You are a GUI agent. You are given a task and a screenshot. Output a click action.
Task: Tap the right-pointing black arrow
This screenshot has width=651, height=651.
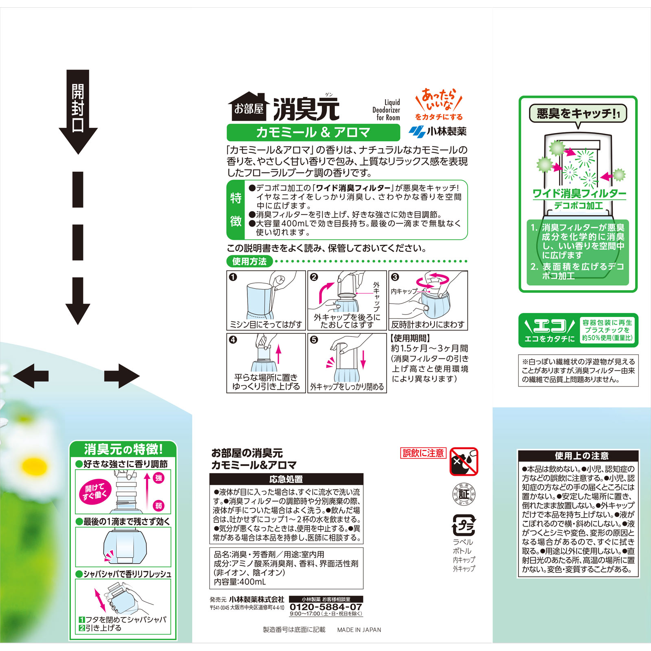(x=122, y=376)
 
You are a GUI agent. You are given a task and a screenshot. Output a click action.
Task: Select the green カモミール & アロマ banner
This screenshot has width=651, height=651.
(x=313, y=132)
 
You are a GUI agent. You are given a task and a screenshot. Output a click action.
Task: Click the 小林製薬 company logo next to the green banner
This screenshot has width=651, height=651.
(x=438, y=131)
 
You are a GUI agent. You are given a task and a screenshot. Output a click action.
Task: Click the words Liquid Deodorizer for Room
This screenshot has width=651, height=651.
(x=387, y=110)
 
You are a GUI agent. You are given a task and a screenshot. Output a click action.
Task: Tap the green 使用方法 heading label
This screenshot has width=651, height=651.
(x=249, y=261)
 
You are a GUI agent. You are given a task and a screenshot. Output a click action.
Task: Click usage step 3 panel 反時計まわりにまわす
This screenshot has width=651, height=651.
(x=428, y=300)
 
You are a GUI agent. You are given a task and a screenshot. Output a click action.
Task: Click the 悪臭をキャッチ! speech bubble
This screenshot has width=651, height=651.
(x=578, y=114)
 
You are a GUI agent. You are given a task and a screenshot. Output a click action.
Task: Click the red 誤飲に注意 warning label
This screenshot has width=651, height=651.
(x=423, y=453)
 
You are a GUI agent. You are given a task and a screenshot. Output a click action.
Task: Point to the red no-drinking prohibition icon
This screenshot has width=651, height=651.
(x=464, y=461)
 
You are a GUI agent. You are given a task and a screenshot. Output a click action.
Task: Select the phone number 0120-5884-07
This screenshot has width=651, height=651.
(x=325, y=607)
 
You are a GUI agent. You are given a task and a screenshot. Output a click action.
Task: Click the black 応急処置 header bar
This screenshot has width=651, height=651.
(x=286, y=479)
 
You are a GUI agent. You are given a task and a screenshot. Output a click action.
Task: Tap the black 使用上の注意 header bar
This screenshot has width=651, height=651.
(x=578, y=455)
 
